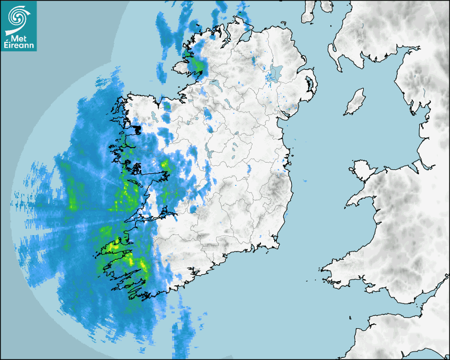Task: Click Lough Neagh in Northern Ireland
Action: [x=276, y=71]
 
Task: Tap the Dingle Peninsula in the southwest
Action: [x=114, y=247]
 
